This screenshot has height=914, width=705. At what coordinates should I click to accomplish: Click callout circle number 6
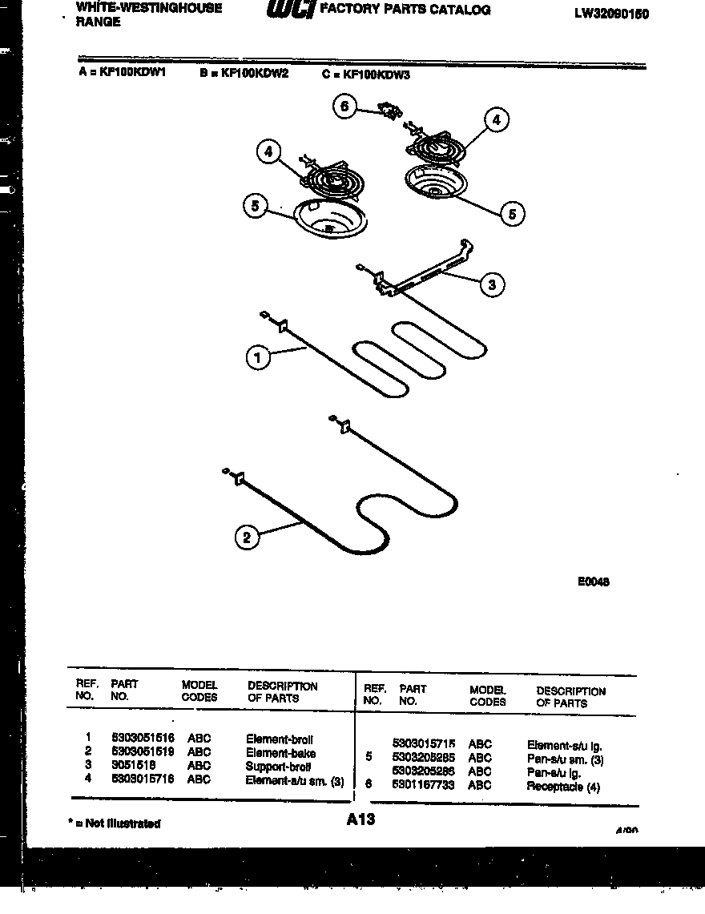click(x=344, y=107)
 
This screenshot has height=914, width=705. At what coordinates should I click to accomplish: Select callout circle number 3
click(x=492, y=284)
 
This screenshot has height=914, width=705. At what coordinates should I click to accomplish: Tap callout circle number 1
click(x=257, y=359)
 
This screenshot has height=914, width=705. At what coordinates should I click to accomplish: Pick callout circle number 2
click(x=247, y=538)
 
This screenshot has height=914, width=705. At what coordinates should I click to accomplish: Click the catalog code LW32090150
click(x=611, y=14)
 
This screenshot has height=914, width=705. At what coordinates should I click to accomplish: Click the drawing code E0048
click(x=593, y=582)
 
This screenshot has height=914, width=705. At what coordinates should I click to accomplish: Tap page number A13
click(x=361, y=819)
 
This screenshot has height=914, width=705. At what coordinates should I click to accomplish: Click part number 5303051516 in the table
click(x=143, y=739)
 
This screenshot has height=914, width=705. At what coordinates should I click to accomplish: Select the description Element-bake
click(x=280, y=753)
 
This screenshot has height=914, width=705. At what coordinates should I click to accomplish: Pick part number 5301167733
click(x=423, y=786)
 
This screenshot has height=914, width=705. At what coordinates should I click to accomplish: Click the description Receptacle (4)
click(x=562, y=787)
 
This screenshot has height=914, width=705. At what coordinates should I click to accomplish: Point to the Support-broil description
click(x=279, y=767)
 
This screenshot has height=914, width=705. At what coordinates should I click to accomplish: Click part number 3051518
click(x=133, y=766)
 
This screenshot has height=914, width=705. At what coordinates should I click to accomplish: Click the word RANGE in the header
click(x=99, y=22)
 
